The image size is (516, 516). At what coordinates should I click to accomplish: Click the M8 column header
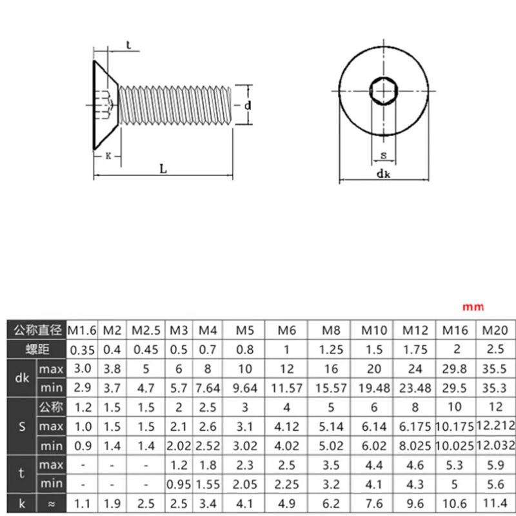(x=331, y=330)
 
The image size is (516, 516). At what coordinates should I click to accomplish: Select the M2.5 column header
(x=146, y=330)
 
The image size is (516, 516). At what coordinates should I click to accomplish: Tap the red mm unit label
(x=473, y=308)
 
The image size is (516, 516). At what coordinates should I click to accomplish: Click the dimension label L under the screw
(x=163, y=169)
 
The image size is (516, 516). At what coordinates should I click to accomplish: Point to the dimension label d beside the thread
(x=248, y=105)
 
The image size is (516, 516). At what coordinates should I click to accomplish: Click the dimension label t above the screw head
(x=128, y=45)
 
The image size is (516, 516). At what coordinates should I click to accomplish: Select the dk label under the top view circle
(x=383, y=174)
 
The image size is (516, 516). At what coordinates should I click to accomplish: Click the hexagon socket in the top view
(x=383, y=91)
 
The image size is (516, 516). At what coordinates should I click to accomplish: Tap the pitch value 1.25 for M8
(x=331, y=350)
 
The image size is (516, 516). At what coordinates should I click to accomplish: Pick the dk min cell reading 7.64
(x=208, y=388)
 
